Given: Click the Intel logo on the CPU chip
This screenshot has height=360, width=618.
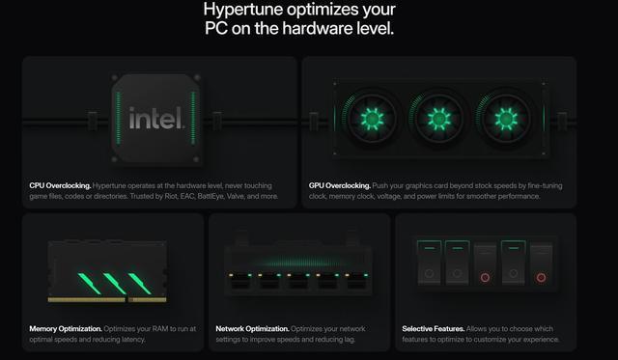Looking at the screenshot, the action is pos(156,118).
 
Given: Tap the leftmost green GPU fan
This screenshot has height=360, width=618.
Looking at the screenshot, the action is pos(372,119).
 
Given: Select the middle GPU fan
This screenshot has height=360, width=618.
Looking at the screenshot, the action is pos(438,119).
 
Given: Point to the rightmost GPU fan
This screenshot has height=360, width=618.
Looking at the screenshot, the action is pos(506,119).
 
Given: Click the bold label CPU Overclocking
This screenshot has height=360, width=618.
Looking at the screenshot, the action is pos(60,185).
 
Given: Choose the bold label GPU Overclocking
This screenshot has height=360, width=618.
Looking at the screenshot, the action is pos(339,185).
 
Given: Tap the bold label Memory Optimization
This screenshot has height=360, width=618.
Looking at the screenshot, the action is pos(66,328).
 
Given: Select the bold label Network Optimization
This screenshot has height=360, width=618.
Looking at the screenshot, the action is pos(252,328).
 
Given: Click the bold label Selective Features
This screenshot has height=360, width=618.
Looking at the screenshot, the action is pos(434,328).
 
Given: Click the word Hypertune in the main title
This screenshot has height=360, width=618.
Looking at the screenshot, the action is pos(242,9).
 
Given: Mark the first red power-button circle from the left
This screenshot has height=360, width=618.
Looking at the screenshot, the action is pos(485,278).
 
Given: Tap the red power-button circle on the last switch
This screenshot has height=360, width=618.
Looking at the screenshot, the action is pos(541,278).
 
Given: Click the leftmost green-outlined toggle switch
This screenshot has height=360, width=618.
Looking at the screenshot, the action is pos(429,262).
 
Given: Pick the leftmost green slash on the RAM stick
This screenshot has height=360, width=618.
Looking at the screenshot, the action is pos(90,283).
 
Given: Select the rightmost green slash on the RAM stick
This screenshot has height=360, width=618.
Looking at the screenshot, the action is pos(139,283).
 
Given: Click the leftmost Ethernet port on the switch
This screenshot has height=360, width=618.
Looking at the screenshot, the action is pos(240,282).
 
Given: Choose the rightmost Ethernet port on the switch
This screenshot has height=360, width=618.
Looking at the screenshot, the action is pos(356,282).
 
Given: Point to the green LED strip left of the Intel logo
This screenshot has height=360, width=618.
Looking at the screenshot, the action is pos(119,118).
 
